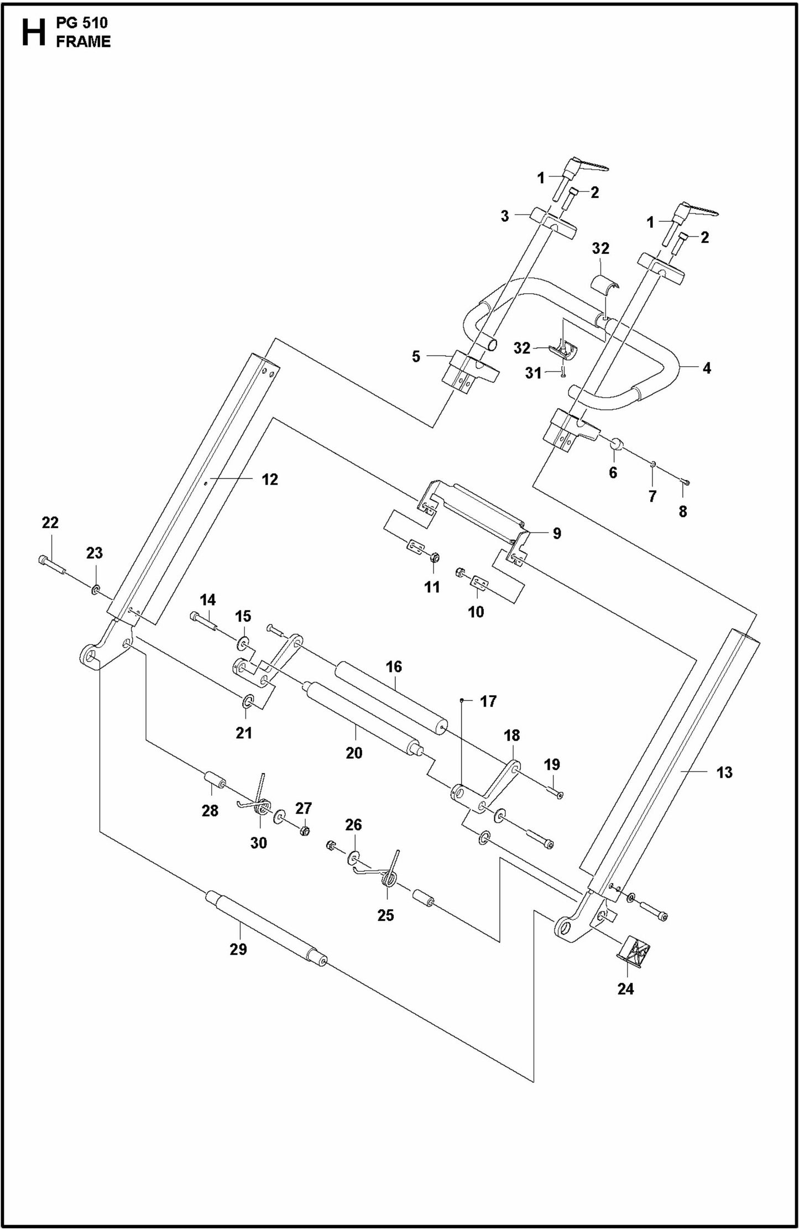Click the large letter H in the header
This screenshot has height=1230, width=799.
(33, 33)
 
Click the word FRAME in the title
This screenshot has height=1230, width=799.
(83, 42)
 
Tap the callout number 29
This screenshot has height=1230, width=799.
(238, 949)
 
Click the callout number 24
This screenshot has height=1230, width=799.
(625, 988)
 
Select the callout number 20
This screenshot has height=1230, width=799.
(354, 753)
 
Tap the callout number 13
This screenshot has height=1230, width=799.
(724, 773)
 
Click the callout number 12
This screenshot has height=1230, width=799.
(269, 480)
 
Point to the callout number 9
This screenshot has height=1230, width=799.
(557, 533)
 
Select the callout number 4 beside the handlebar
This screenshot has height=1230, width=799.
(706, 368)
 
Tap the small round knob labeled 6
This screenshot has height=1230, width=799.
(617, 444)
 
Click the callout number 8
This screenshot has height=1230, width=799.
(682, 512)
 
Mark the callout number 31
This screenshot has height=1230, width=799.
(533, 373)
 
